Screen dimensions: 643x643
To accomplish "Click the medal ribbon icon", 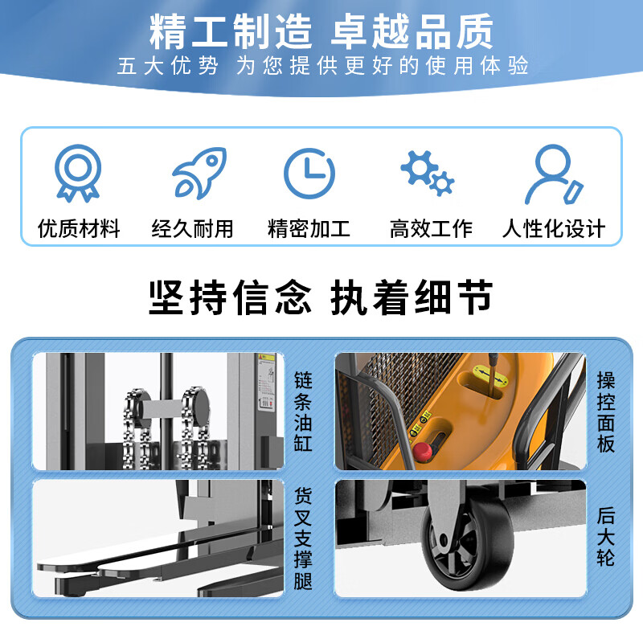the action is click(x=78, y=173).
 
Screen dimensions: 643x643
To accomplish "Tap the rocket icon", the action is click(x=199, y=173).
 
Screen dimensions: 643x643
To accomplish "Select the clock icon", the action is click(x=309, y=174).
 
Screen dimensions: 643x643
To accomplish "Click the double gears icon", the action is click(x=428, y=173).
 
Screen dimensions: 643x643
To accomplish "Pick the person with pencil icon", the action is click(x=554, y=174).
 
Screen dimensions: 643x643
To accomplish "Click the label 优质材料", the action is click(x=79, y=228).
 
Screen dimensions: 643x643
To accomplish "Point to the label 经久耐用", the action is click(x=192, y=228).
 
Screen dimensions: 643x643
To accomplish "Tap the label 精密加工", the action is click(x=309, y=228).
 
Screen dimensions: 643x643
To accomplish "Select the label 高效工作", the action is click(x=431, y=228).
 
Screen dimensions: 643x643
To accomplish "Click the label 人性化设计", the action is click(x=554, y=228).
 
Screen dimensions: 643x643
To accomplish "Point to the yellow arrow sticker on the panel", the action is click(x=491, y=375).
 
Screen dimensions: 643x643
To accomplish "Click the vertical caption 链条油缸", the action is click(x=303, y=412).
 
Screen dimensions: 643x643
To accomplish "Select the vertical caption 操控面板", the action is click(x=606, y=412).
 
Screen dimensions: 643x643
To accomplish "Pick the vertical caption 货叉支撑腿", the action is click(x=303, y=539).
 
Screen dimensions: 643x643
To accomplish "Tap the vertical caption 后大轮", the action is click(x=606, y=536).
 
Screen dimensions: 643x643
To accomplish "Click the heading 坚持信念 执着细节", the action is click(x=321, y=297).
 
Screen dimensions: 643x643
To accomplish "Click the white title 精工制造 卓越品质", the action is click(x=321, y=31).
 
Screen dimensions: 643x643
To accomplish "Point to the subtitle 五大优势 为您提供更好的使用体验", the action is click(x=323, y=66).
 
